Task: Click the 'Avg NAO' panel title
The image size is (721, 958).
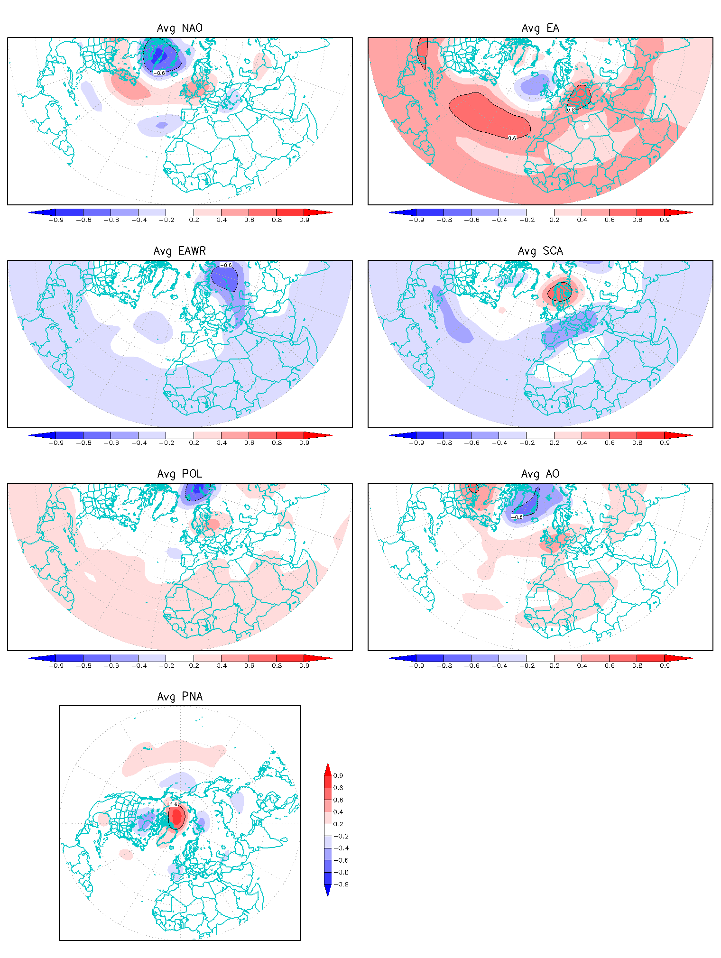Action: tap(180, 28)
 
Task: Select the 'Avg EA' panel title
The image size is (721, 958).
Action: tap(540, 28)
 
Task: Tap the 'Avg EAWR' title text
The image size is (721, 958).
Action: tap(180, 251)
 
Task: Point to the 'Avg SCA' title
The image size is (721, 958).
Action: tap(540, 251)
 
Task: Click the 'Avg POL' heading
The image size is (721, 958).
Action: tap(180, 474)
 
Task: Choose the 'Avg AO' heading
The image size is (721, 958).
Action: tap(540, 474)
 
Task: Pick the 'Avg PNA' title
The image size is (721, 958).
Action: tap(180, 697)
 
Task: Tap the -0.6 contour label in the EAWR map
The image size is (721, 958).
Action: tap(226, 265)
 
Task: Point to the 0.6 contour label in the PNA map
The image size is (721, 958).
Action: tap(174, 805)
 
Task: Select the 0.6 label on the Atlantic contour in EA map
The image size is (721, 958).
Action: tap(512, 138)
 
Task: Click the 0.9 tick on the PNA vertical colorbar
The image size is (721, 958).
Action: tap(338, 776)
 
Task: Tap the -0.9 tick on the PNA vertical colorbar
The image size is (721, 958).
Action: tap(342, 884)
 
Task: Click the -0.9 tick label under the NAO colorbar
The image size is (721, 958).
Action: tap(56, 220)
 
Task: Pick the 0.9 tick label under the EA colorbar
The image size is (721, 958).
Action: tap(665, 220)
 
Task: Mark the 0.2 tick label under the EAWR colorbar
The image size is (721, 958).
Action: tap(194, 443)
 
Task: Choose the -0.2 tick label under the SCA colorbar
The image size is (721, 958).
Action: tap(527, 443)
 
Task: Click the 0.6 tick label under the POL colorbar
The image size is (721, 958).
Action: tap(249, 666)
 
